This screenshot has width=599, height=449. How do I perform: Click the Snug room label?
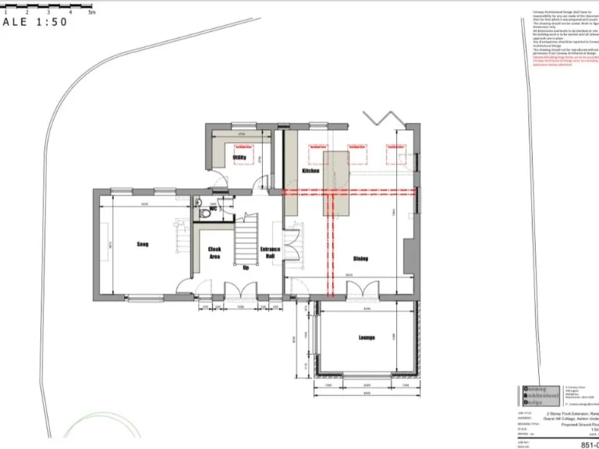[x=143, y=244]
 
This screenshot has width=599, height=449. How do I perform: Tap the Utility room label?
[x=239, y=157]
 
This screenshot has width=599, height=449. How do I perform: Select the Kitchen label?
[x=310, y=170]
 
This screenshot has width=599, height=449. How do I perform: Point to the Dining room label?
[x=360, y=259]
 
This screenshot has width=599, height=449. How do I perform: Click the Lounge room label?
[x=367, y=338]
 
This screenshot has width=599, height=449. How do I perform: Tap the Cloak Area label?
[x=214, y=253]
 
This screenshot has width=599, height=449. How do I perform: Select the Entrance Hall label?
[x=269, y=253]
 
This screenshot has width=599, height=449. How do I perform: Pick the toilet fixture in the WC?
[x=202, y=210]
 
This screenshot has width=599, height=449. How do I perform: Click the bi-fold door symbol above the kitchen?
[x=384, y=118]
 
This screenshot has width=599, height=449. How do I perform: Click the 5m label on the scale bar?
[x=91, y=12]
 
